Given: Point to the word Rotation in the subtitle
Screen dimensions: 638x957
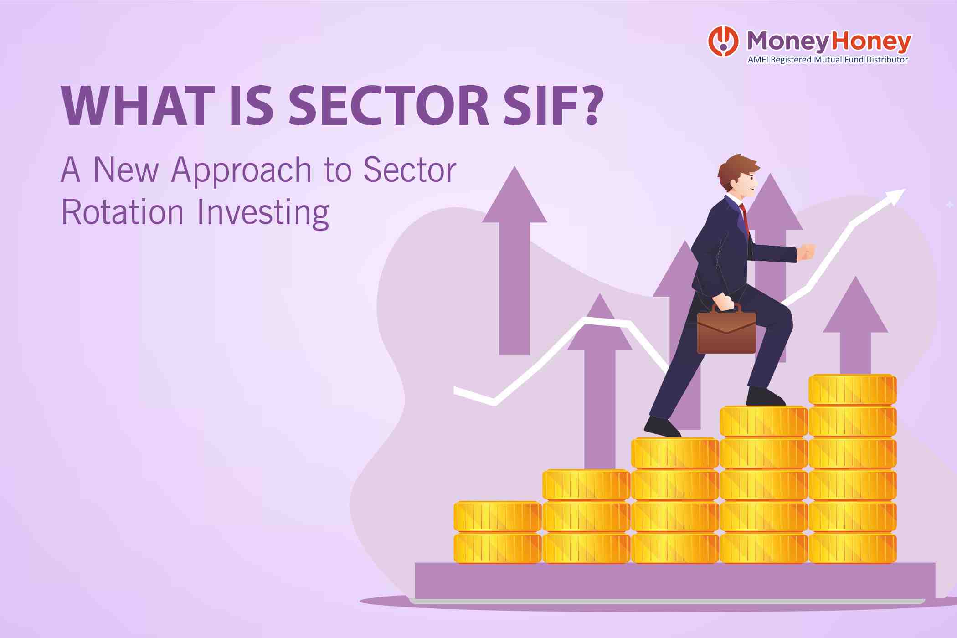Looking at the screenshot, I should coord(123,212).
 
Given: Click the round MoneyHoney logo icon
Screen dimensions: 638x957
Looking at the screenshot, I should coord(723,41).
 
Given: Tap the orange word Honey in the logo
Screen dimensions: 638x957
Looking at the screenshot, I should coord(870,42).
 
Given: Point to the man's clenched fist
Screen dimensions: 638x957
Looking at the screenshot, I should coord(807,252).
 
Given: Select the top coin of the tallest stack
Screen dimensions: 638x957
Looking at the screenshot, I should coord(852,389).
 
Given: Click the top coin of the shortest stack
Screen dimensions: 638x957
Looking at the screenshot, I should coord(497,516).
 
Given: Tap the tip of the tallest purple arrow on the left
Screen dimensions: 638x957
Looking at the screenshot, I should coord(515,173).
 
